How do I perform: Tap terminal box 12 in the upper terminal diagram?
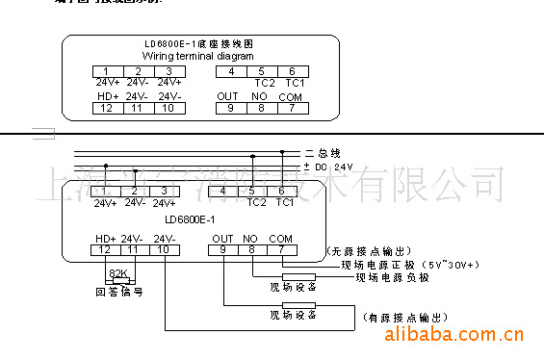(106, 108)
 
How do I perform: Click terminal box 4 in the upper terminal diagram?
(231, 71)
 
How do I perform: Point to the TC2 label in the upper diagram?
(260, 84)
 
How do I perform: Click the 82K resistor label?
(118, 272)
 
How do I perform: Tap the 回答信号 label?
(118, 292)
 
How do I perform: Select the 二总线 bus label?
(323, 153)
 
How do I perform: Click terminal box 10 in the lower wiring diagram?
(165, 250)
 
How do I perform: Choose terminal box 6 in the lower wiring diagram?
(282, 191)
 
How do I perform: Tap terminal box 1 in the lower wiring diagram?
(106, 191)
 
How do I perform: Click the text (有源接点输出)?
(403, 317)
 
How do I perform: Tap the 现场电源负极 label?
(392, 277)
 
